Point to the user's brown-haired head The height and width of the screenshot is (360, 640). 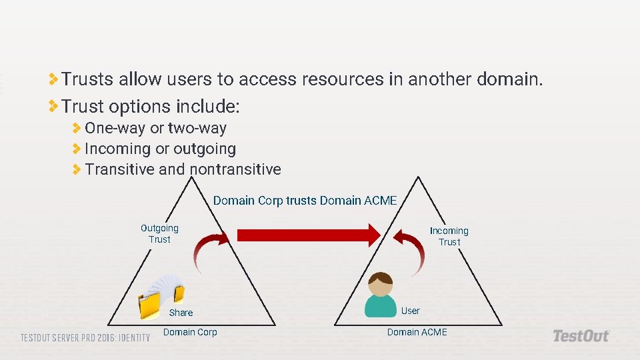tap(381, 284)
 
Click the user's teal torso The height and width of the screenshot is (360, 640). tap(381, 306)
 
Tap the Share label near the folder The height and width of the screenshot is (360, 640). tap(181, 313)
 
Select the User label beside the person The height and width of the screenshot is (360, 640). tap(411, 311)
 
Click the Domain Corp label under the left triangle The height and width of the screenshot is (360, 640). tap(190, 332)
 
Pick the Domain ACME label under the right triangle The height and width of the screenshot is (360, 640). tap(417, 332)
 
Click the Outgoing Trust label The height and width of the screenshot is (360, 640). tap(159, 233)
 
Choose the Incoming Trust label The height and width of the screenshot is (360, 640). tap(449, 236)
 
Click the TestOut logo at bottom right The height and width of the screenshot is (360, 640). tap(581, 335)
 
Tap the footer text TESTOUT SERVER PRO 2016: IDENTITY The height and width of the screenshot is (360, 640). tap(85, 337)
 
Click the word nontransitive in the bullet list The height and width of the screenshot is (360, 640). tap(235, 169)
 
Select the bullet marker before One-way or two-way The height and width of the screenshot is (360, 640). tap(77, 128)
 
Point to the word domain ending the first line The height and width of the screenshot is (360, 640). tap(509, 79)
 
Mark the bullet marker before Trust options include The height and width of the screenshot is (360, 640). tap(54, 106)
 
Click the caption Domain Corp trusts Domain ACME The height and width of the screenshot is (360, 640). tap(305, 200)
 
